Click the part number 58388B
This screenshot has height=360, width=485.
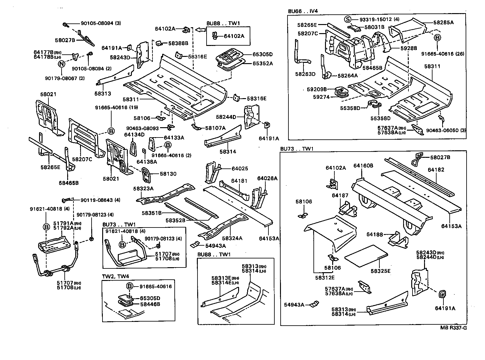[x=178, y=43]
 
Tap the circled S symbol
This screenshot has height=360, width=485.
[x=347, y=19]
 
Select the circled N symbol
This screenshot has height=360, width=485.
[x=62, y=64]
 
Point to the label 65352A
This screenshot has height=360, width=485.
[x=263, y=63]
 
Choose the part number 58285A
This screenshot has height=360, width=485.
[x=443, y=22]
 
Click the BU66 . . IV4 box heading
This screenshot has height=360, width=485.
[x=303, y=12]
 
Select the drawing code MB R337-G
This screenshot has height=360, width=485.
[x=453, y=328]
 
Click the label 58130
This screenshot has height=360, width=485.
[x=168, y=174]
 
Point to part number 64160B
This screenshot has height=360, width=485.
[x=363, y=166]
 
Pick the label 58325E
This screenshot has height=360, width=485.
[x=381, y=271]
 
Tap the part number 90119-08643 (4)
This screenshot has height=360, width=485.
[x=101, y=200]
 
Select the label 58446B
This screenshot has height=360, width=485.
[x=150, y=304]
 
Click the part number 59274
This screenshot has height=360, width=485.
[x=321, y=97]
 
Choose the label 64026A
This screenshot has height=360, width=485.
[x=267, y=178]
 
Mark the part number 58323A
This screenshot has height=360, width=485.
[x=143, y=189]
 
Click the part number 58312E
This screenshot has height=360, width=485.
[x=325, y=277]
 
